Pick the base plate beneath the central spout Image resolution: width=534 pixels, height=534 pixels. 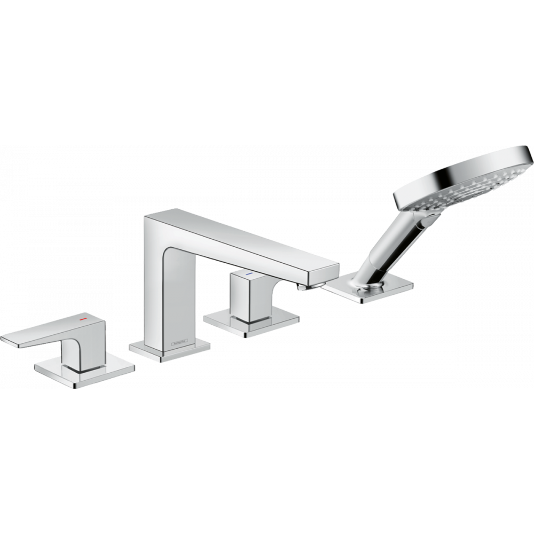pos(169,352)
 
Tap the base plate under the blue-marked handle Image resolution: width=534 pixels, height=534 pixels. pos(251,323)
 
